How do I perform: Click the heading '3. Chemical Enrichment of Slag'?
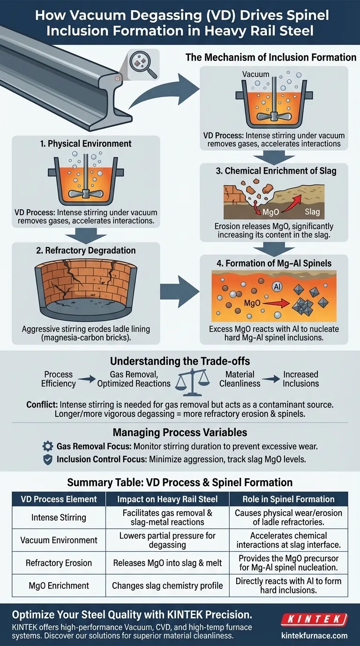pos(276,171)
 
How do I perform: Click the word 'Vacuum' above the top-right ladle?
pos(256,74)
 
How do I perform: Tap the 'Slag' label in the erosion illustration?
pos(312,212)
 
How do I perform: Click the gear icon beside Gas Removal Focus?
pos(47,446)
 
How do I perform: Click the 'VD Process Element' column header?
pos(59,499)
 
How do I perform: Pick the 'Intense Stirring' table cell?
pos(59,518)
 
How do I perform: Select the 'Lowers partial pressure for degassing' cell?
pos(175,540)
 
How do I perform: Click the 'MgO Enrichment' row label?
pos(59,585)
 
